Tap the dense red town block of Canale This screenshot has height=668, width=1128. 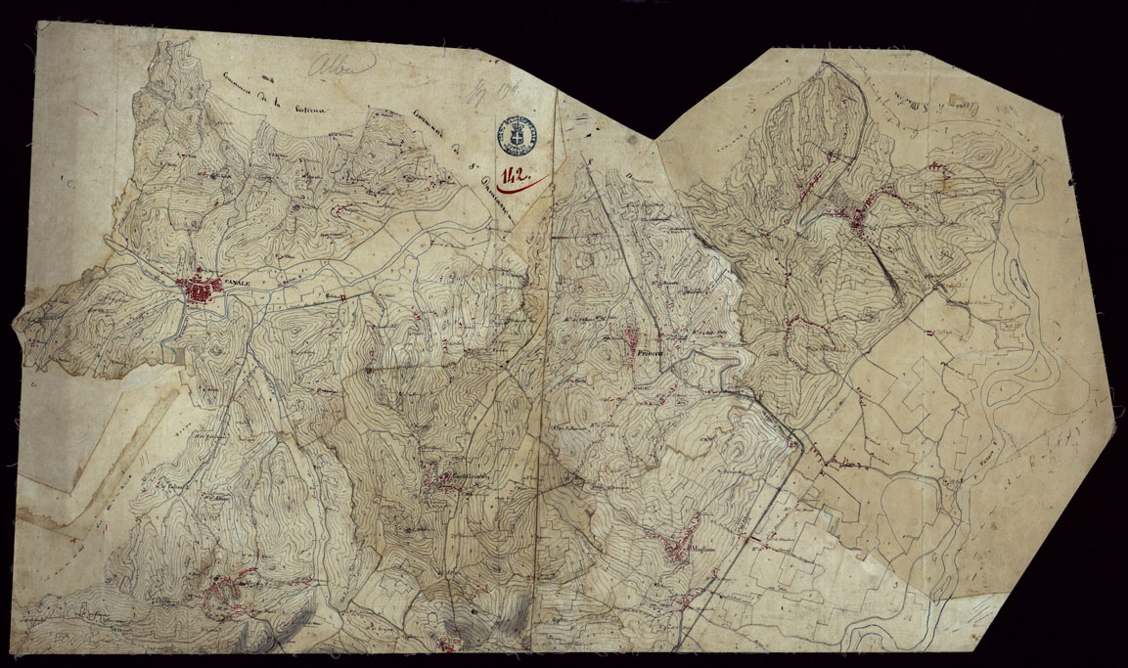[x=201, y=289]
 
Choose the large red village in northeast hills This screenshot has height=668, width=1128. [x=861, y=220]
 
